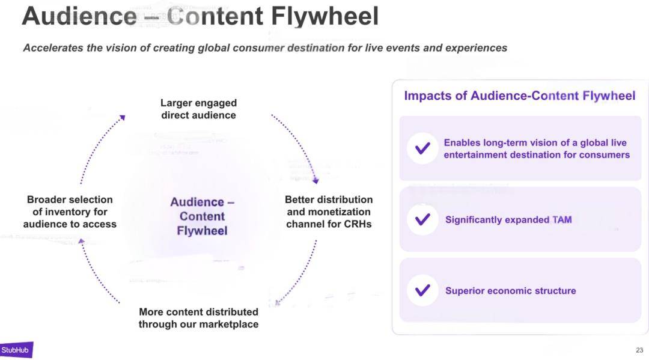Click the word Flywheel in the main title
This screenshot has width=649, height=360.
click(x=324, y=17)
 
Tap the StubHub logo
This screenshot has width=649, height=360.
click(x=16, y=350)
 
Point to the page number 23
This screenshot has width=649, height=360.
click(x=639, y=350)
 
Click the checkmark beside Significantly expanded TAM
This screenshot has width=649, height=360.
click(x=422, y=219)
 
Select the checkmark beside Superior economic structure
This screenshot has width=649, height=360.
click(x=422, y=290)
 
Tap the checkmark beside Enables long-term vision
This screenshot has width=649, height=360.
click(x=422, y=148)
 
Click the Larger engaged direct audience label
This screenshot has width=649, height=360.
click(x=199, y=109)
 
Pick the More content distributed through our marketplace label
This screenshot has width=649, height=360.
click(x=199, y=318)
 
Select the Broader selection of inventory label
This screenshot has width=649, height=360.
click(x=70, y=212)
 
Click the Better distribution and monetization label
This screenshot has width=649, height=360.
click(x=329, y=212)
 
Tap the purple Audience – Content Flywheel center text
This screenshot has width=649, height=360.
click(x=203, y=216)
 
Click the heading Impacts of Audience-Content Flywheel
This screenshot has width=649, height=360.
click(x=519, y=96)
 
